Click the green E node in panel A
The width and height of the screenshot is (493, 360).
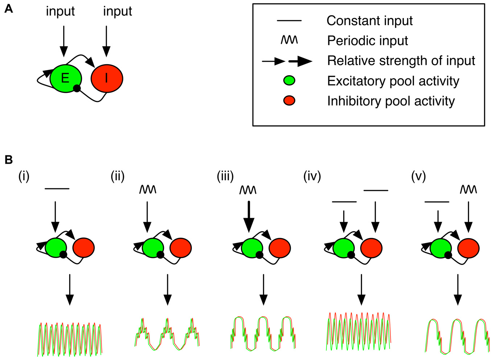click(x=65, y=78)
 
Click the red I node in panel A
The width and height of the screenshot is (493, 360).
click(x=107, y=78)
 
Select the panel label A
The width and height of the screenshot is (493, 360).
click(x=8, y=9)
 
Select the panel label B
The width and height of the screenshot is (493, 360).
click(x=8, y=160)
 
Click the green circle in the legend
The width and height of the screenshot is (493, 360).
click(x=289, y=81)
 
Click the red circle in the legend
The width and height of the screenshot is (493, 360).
click(x=289, y=101)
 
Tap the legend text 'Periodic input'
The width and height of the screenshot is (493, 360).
click(x=367, y=41)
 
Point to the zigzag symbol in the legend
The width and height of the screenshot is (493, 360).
click(x=289, y=40)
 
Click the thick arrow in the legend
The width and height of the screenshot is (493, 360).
click(x=300, y=62)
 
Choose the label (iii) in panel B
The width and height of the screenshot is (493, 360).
click(x=225, y=176)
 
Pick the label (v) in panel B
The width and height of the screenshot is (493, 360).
click(x=418, y=176)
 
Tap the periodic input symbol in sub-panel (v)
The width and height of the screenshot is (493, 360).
click(x=468, y=189)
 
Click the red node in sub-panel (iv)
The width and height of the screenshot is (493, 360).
click(x=371, y=247)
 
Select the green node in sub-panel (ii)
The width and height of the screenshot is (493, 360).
click(x=153, y=247)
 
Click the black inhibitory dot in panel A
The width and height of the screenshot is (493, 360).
click(x=77, y=88)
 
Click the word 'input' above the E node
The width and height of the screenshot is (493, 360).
click(x=60, y=11)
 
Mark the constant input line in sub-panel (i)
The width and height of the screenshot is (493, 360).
click(x=57, y=189)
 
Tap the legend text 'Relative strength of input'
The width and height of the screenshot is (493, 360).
click(x=401, y=61)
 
